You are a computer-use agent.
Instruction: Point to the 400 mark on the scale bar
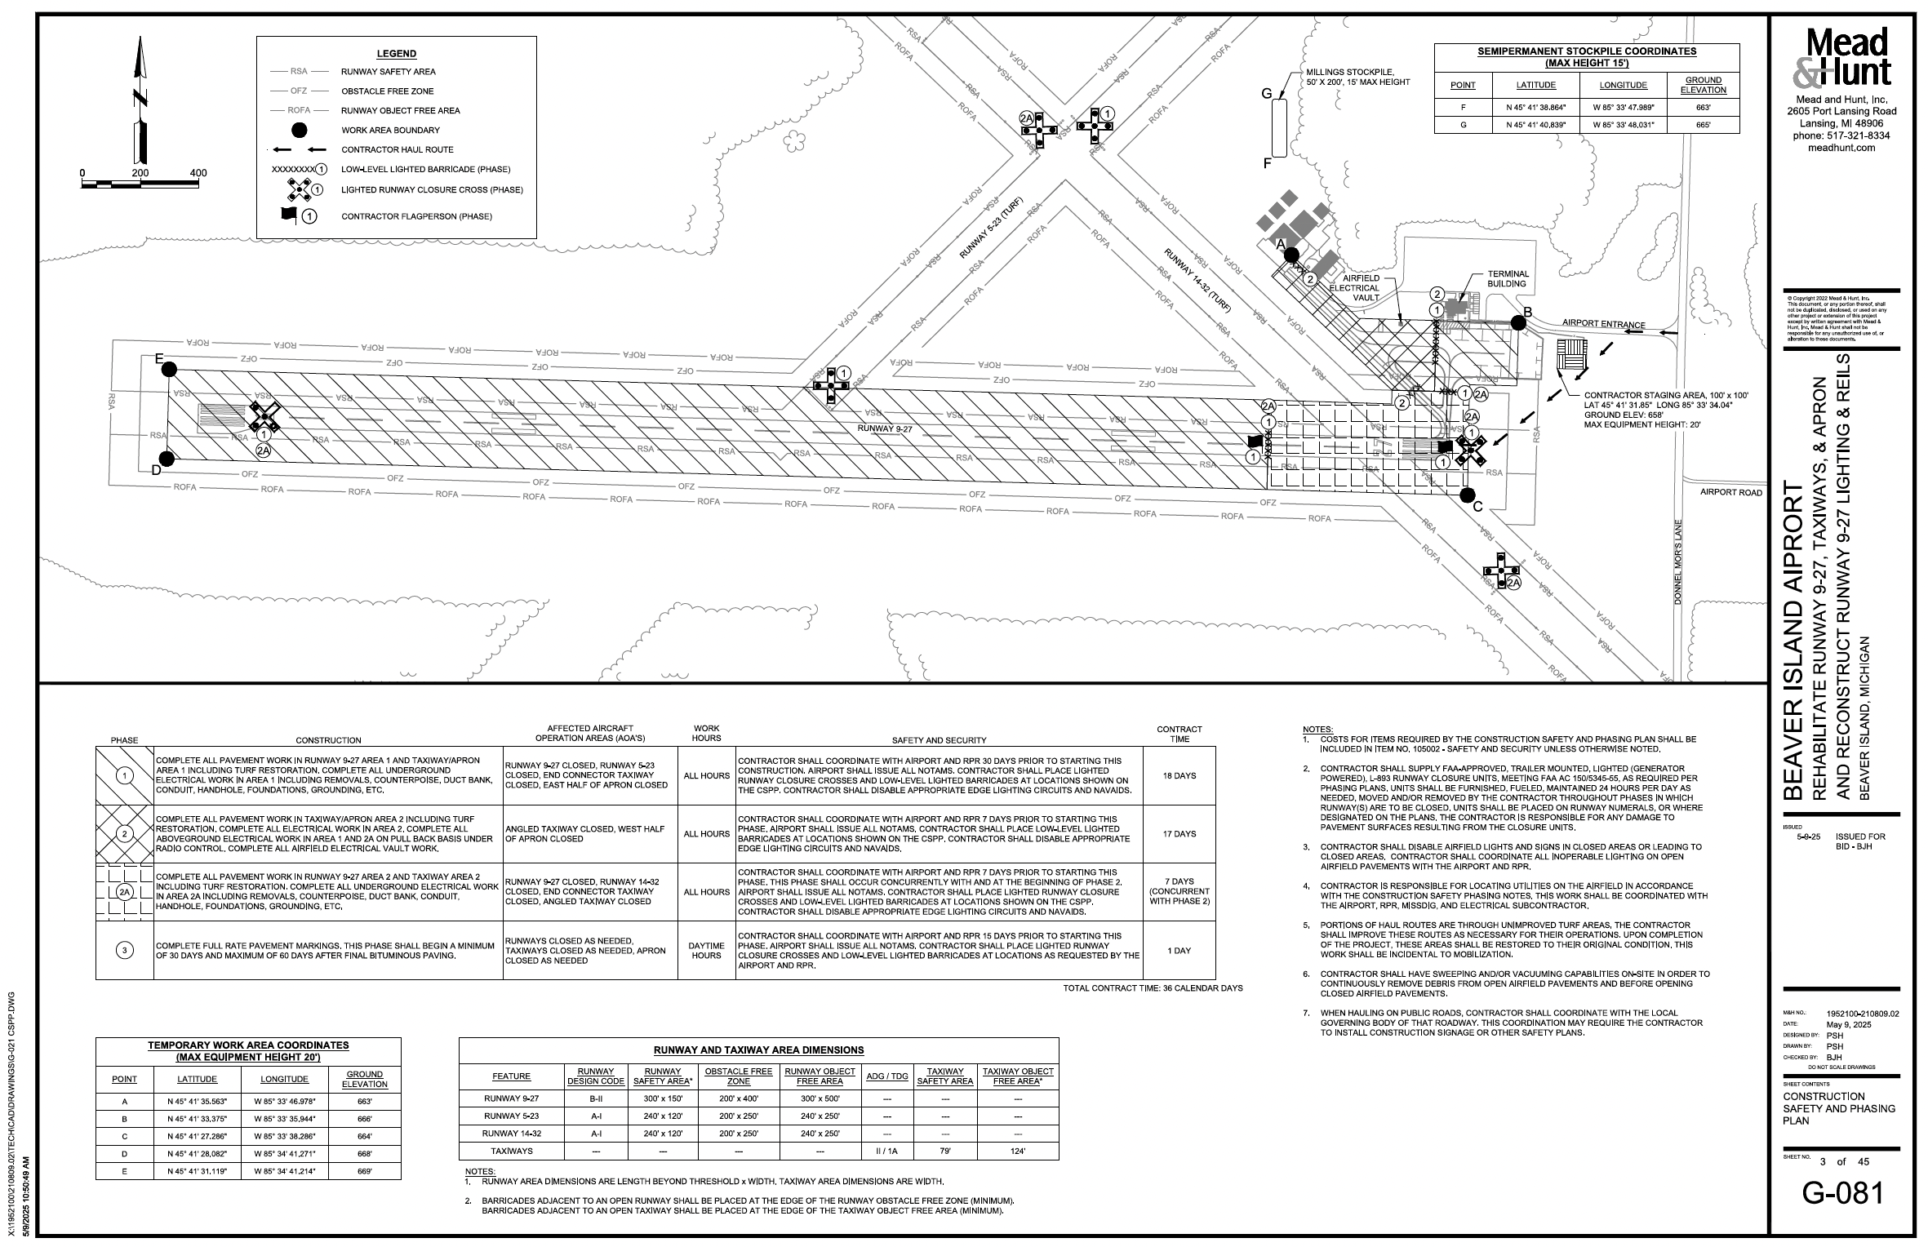[198, 173]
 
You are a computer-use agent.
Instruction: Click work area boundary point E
[170, 369]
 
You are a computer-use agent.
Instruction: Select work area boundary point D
[167, 459]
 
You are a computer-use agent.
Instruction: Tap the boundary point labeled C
[1467, 495]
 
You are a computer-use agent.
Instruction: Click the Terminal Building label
[1507, 278]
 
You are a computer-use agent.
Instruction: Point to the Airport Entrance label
[1603, 324]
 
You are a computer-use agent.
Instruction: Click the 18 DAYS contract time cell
[1179, 775]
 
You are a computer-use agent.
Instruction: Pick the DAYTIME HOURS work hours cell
[706, 950]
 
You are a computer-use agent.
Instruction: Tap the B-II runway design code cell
[595, 1098]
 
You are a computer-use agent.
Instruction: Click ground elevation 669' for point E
[364, 1171]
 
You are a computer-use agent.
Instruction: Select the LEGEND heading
[396, 54]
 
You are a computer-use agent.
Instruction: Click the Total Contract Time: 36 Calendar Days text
[1152, 988]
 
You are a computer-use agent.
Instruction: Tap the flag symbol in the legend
[289, 216]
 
